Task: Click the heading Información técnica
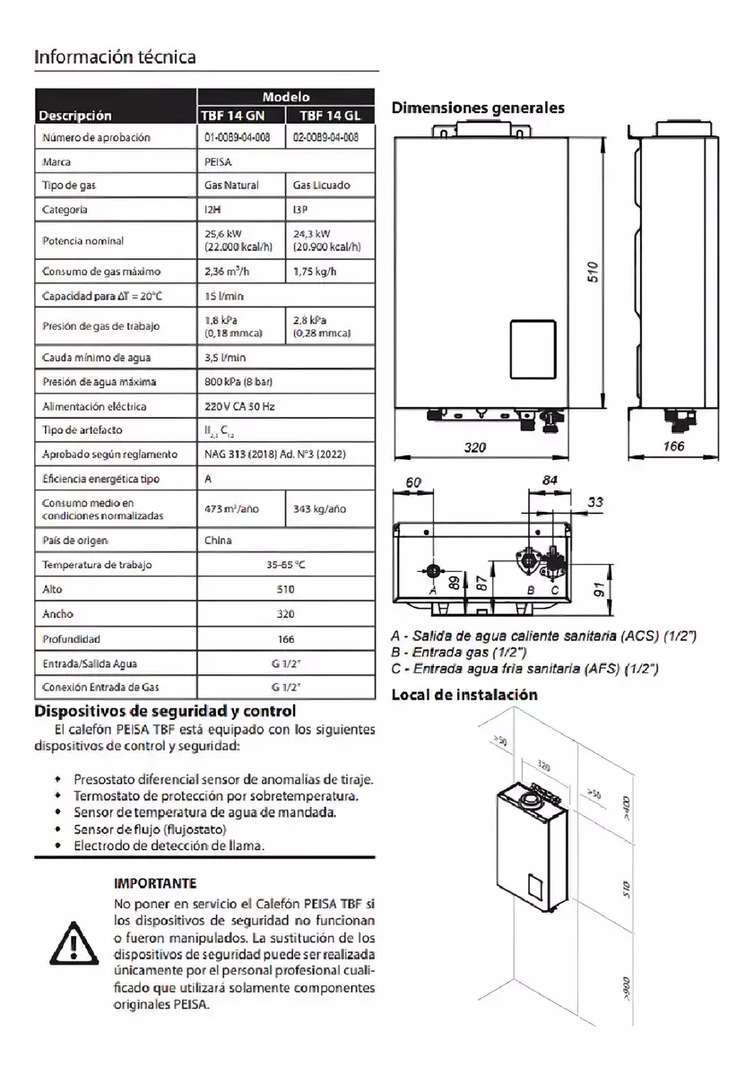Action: pyautogui.click(x=115, y=56)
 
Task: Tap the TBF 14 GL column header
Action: pyautogui.click(x=329, y=115)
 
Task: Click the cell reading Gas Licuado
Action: pyautogui.click(x=322, y=186)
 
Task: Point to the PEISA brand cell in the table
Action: pyautogui.click(x=219, y=162)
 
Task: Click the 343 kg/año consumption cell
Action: pyautogui.click(x=320, y=509)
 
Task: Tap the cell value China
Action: pyautogui.click(x=218, y=541)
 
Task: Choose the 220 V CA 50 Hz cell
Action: pyautogui.click(x=239, y=406)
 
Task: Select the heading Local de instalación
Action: pyautogui.click(x=464, y=695)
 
